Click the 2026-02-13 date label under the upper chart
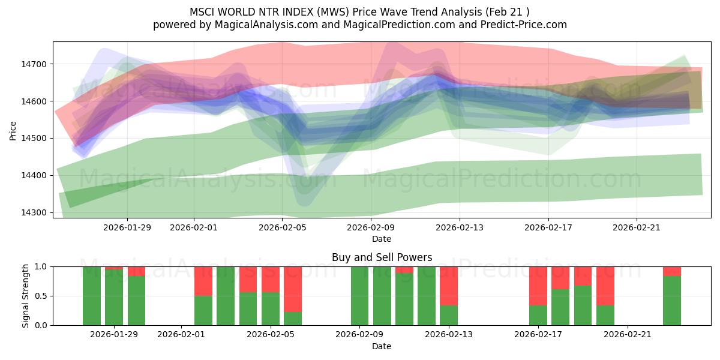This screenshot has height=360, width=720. point(459,227)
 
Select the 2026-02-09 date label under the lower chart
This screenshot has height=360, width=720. point(359,335)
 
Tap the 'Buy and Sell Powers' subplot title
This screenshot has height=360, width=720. point(382,257)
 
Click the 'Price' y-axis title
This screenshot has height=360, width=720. point(13,130)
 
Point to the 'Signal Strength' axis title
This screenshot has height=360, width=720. point(25,296)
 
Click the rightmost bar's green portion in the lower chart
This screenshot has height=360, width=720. point(671,300)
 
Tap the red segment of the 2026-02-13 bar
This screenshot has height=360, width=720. point(448,286)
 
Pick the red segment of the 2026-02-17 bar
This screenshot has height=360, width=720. point(538,286)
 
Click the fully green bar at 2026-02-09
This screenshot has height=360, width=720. point(359,296)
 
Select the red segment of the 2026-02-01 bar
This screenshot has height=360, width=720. point(203,281)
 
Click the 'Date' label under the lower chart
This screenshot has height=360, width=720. point(382,346)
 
